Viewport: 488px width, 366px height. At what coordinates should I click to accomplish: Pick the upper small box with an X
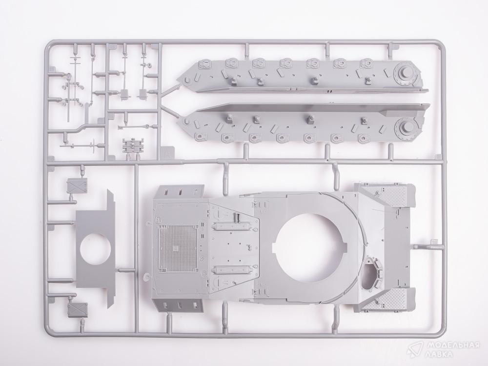point(78,186)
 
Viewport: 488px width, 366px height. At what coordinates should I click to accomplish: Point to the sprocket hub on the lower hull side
point(405,127)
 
